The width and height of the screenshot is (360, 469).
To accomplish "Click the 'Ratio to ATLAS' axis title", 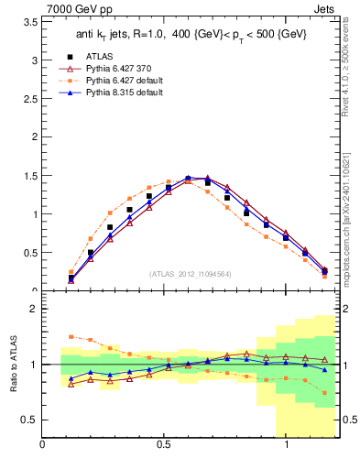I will [x=13, y=364].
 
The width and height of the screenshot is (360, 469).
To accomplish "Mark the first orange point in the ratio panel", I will [x=71, y=337].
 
